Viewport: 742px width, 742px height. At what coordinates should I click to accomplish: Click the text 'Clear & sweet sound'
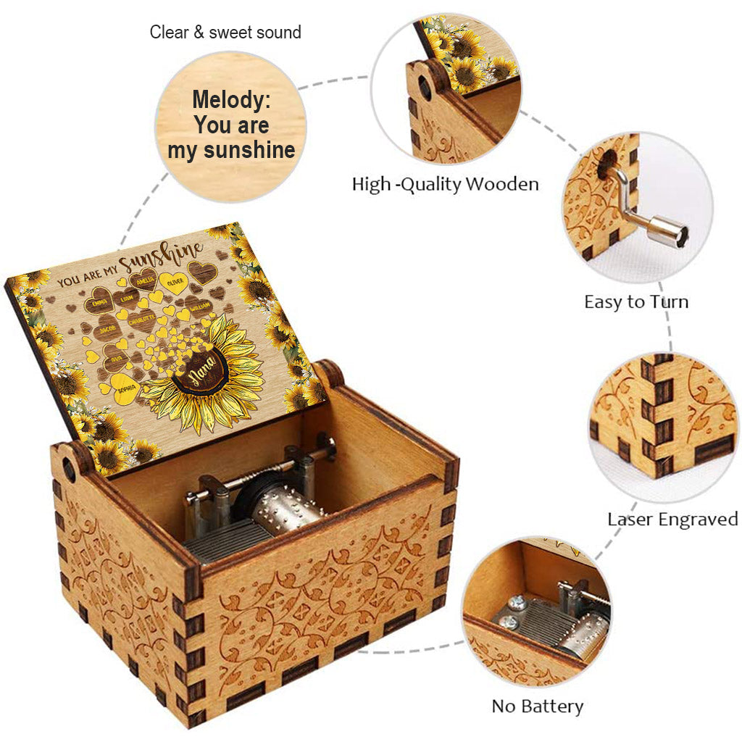click(225, 33)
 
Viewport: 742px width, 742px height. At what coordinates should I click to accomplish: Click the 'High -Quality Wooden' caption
click(445, 184)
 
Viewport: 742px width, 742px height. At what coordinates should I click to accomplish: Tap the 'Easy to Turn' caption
click(636, 301)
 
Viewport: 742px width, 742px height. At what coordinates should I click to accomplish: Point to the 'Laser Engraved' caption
click(672, 519)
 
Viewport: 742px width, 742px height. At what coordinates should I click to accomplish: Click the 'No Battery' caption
click(537, 706)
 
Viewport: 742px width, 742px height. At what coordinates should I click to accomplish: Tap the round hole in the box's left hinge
click(70, 470)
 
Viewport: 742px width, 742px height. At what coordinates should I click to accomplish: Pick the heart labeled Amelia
click(147, 278)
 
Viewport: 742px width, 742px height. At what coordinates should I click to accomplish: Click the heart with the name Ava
click(115, 357)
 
